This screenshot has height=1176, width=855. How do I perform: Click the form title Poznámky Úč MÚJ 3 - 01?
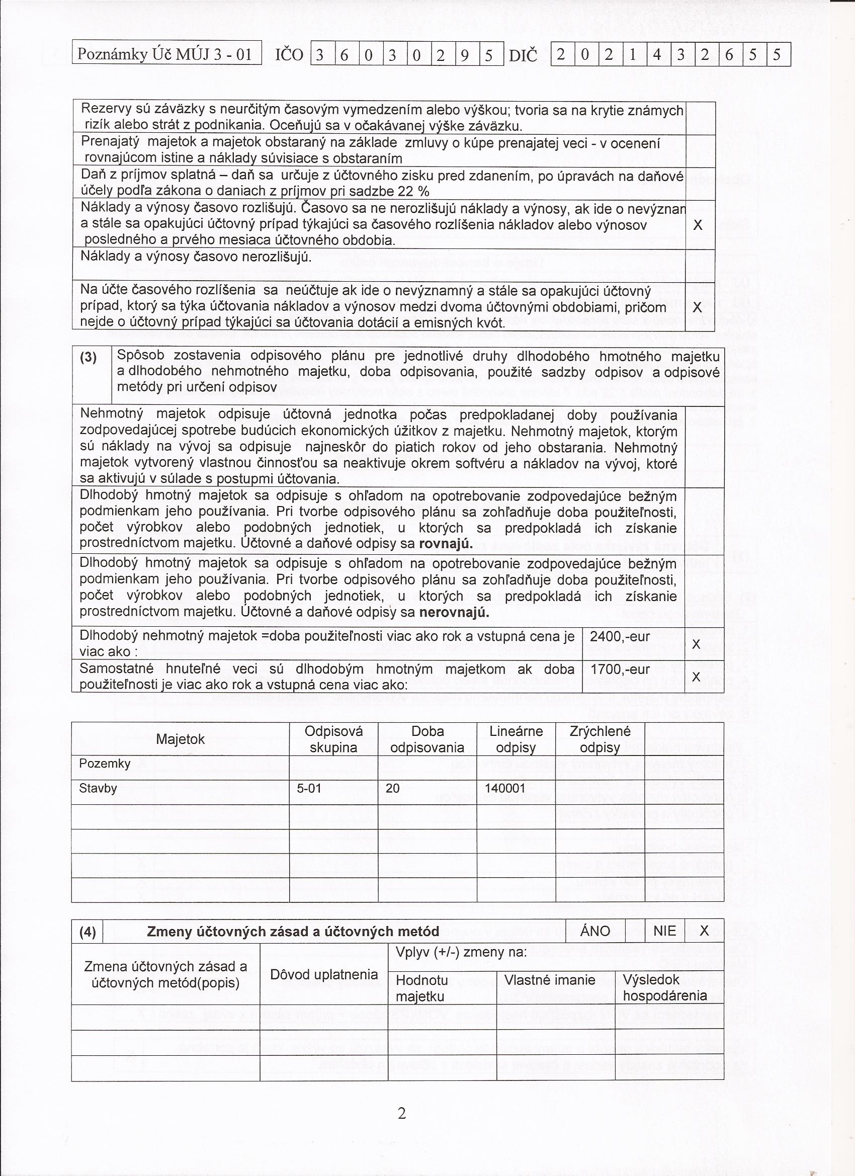165,54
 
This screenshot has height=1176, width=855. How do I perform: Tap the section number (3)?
89,358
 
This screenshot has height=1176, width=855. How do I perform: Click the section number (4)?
88,932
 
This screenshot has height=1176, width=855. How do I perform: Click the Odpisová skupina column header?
333,739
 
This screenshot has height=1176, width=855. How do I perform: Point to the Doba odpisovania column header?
426,739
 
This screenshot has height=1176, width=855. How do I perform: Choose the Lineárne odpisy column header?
516,739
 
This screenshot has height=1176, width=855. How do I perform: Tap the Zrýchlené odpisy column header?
600,739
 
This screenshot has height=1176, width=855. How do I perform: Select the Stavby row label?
98,789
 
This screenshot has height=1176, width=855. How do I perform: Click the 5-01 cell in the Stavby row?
309,789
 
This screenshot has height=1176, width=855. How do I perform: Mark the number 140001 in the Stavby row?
505,789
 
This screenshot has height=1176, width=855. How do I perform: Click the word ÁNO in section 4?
595,931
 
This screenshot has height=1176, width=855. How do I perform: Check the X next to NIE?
704,931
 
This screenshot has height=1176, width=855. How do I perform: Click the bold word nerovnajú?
454,612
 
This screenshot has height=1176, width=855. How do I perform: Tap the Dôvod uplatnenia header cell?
324,974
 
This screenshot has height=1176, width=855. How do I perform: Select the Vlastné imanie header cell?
550,980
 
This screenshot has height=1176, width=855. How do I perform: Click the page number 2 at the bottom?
402,1113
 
